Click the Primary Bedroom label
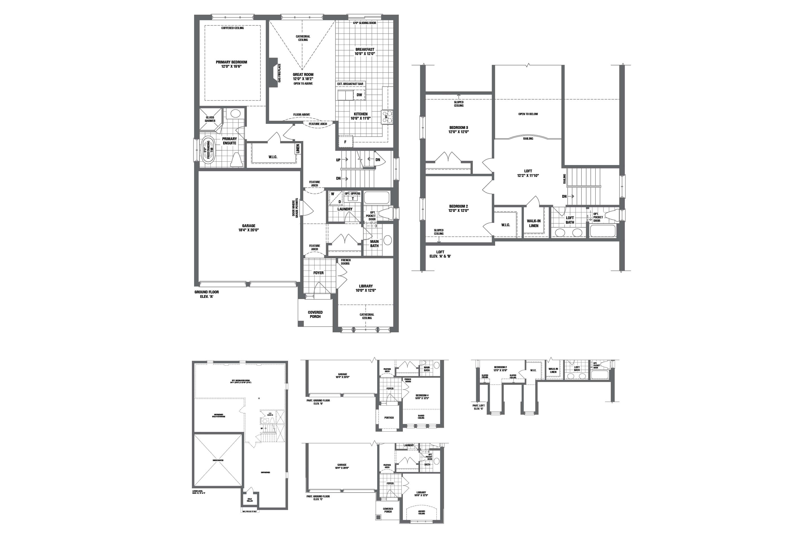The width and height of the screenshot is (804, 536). [x=231, y=62]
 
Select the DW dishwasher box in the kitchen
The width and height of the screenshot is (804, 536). [x=359, y=95]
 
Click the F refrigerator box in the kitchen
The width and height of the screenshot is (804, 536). [x=345, y=142]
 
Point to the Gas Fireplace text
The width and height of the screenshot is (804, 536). [x=279, y=73]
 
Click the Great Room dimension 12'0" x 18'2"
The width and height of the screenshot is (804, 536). [x=303, y=79]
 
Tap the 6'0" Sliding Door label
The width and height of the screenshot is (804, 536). [x=364, y=23]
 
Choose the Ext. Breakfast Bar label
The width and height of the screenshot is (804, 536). [x=350, y=84]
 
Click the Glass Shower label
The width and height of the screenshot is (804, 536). [x=210, y=119]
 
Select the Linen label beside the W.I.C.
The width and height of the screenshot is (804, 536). [x=298, y=149]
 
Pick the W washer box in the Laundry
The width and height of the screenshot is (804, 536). [x=333, y=194]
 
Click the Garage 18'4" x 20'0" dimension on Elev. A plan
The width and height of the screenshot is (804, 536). [x=249, y=230]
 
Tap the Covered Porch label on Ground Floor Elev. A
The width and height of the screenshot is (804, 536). [x=315, y=315]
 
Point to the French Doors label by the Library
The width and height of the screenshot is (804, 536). [x=345, y=262]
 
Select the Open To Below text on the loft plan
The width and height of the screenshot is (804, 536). [x=528, y=114]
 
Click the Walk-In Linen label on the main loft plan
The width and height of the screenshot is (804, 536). [x=534, y=223]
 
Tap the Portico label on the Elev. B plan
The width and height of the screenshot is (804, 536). [x=389, y=418]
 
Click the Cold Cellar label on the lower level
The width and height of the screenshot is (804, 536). [x=250, y=500]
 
